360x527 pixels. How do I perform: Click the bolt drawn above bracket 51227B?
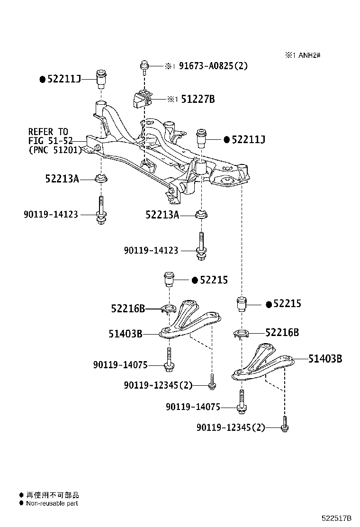tap(144, 66)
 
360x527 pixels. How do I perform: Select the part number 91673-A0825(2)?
tap(213, 66)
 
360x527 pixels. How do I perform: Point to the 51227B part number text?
tap(198, 100)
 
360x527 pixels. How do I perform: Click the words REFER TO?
tap(48, 131)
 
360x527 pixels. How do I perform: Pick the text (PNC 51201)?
tap(55, 150)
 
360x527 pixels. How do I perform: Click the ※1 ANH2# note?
tap(303, 55)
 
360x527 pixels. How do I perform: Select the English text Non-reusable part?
tap(52, 503)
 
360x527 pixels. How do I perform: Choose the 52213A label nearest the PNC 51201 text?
tap(62, 179)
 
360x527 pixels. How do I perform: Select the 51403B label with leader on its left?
tap(325, 358)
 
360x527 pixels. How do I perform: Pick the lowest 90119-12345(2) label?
tap(231, 427)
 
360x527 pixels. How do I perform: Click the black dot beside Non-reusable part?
tap(21, 503)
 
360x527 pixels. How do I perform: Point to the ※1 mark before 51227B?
tap(172, 100)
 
